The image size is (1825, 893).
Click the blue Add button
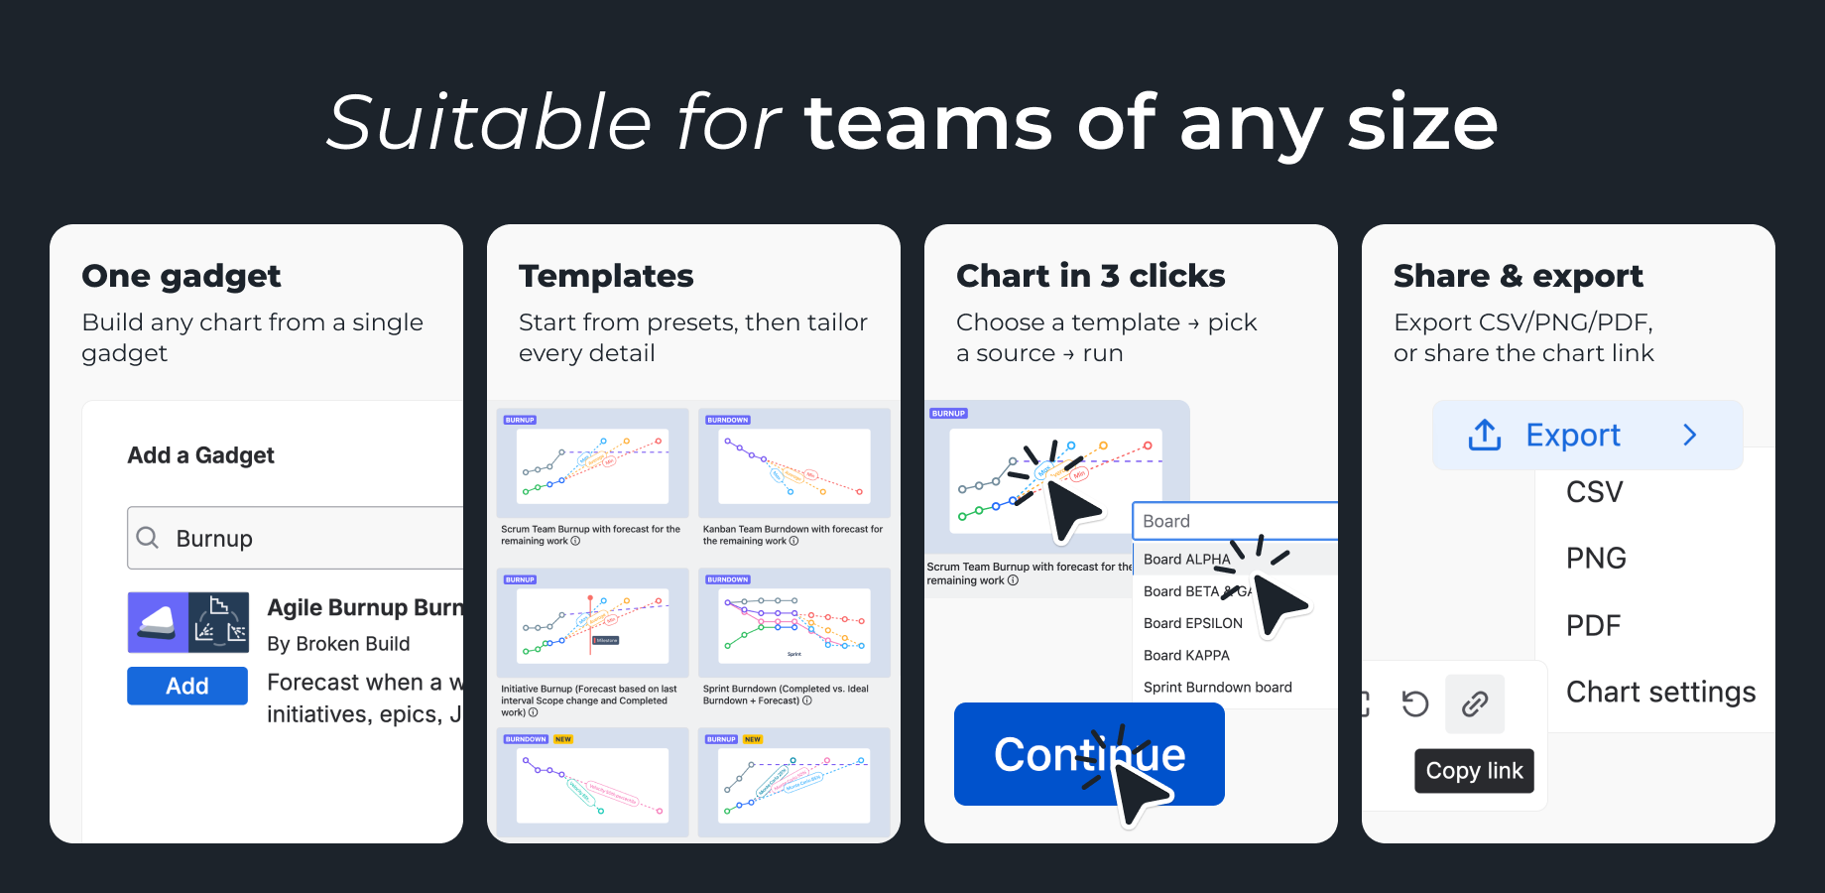186,686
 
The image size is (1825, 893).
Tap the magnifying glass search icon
148,538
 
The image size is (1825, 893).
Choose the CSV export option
1594,492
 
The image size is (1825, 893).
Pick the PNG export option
1596,559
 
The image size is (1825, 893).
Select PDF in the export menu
1593,625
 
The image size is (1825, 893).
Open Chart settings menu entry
1660,692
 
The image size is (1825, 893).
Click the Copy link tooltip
1474,771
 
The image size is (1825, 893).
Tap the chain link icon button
1475,704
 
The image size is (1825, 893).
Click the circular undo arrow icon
1415,704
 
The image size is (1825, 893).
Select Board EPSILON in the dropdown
1192,623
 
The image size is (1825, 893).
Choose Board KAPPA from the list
1186,655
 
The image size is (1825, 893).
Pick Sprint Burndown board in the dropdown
1217,687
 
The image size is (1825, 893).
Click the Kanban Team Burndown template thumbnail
793,466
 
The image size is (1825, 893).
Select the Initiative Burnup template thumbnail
592,625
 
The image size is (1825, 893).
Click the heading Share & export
1518,276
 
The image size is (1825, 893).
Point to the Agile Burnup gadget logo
187,622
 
